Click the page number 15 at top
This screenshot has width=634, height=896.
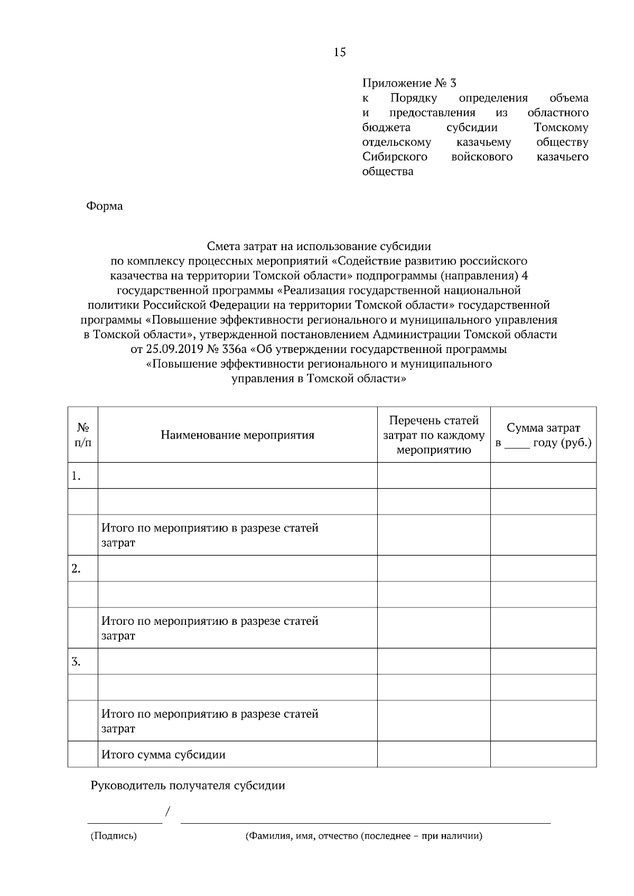pos(340,52)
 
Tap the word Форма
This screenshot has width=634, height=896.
pos(104,206)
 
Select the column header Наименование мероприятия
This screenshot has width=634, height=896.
pos(237,435)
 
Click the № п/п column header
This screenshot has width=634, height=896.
pos(83,435)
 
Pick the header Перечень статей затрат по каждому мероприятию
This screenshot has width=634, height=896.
pos(434,435)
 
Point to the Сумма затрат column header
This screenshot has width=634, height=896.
pos(543,428)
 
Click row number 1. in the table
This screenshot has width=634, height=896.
pos(76,476)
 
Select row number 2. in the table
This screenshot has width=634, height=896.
pos(76,569)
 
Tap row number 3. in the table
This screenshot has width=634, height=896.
pos(76,662)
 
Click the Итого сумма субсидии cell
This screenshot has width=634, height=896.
pos(163,755)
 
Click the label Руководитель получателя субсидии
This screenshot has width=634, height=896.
pos(188,786)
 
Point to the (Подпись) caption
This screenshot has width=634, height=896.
pos(114,836)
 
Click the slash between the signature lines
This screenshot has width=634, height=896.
pos(168,811)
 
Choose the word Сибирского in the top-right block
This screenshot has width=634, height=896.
pos(395,157)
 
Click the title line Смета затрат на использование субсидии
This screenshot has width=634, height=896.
pos(319,246)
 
